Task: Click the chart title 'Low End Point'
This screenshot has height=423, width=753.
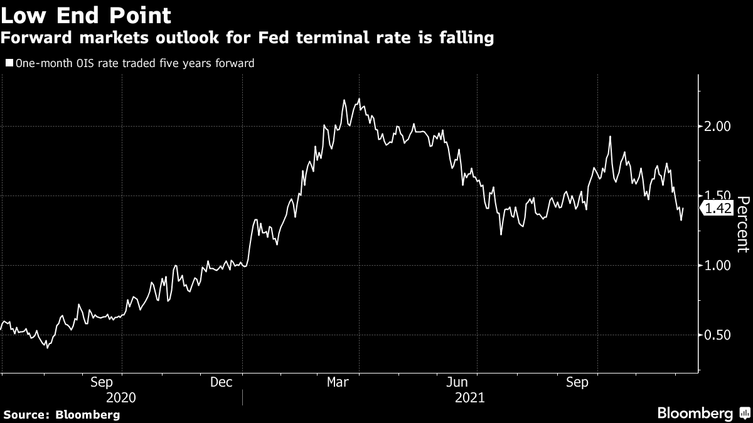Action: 87,14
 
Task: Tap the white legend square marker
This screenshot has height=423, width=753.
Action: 9,63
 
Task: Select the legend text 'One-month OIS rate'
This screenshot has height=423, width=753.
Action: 67,63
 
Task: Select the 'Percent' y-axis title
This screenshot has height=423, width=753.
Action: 743,224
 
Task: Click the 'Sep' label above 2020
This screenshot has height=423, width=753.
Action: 102,382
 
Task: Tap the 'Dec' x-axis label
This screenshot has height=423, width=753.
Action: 221,382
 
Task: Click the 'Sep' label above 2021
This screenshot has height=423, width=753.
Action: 577,382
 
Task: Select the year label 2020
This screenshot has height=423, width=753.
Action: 121,397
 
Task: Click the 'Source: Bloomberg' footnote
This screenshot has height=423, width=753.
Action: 61,414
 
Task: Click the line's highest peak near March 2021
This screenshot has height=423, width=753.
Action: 358,99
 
